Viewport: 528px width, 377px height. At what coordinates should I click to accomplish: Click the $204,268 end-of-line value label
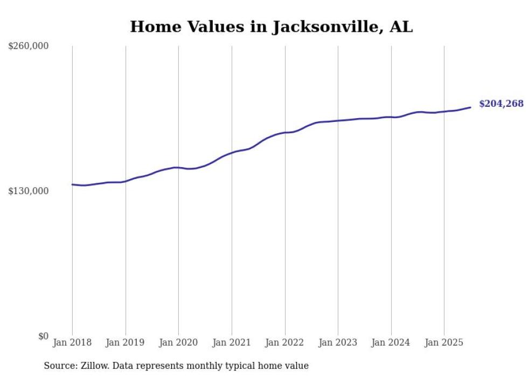(x=501, y=104)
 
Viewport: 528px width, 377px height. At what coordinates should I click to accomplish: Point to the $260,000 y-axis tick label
(x=28, y=46)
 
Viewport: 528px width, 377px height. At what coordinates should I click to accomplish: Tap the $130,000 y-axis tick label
(x=28, y=191)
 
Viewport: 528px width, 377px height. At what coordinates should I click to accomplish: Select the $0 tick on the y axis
(x=43, y=336)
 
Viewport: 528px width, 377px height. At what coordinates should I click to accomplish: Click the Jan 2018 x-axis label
(x=72, y=342)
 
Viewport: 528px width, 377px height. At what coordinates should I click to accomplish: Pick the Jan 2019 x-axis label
(x=126, y=342)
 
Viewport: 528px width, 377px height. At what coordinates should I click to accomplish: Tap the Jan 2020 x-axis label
(x=178, y=342)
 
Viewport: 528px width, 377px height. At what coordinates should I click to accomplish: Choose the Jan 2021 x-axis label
(x=232, y=342)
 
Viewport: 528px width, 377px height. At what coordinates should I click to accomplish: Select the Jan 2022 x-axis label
(x=285, y=342)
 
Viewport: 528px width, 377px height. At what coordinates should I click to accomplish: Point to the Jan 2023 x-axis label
(x=338, y=342)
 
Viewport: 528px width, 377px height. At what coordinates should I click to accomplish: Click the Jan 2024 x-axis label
(x=391, y=342)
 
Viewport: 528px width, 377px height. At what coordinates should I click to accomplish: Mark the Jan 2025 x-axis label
(x=444, y=342)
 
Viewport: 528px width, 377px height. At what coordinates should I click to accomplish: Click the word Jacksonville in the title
(x=324, y=27)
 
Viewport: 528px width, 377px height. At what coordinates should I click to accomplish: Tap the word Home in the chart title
(x=152, y=27)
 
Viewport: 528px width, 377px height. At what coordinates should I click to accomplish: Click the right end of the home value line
(x=470, y=107)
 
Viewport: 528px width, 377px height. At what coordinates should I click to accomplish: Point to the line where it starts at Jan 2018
(x=73, y=184)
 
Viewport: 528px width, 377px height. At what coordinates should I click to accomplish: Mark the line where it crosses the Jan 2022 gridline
(x=285, y=132)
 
